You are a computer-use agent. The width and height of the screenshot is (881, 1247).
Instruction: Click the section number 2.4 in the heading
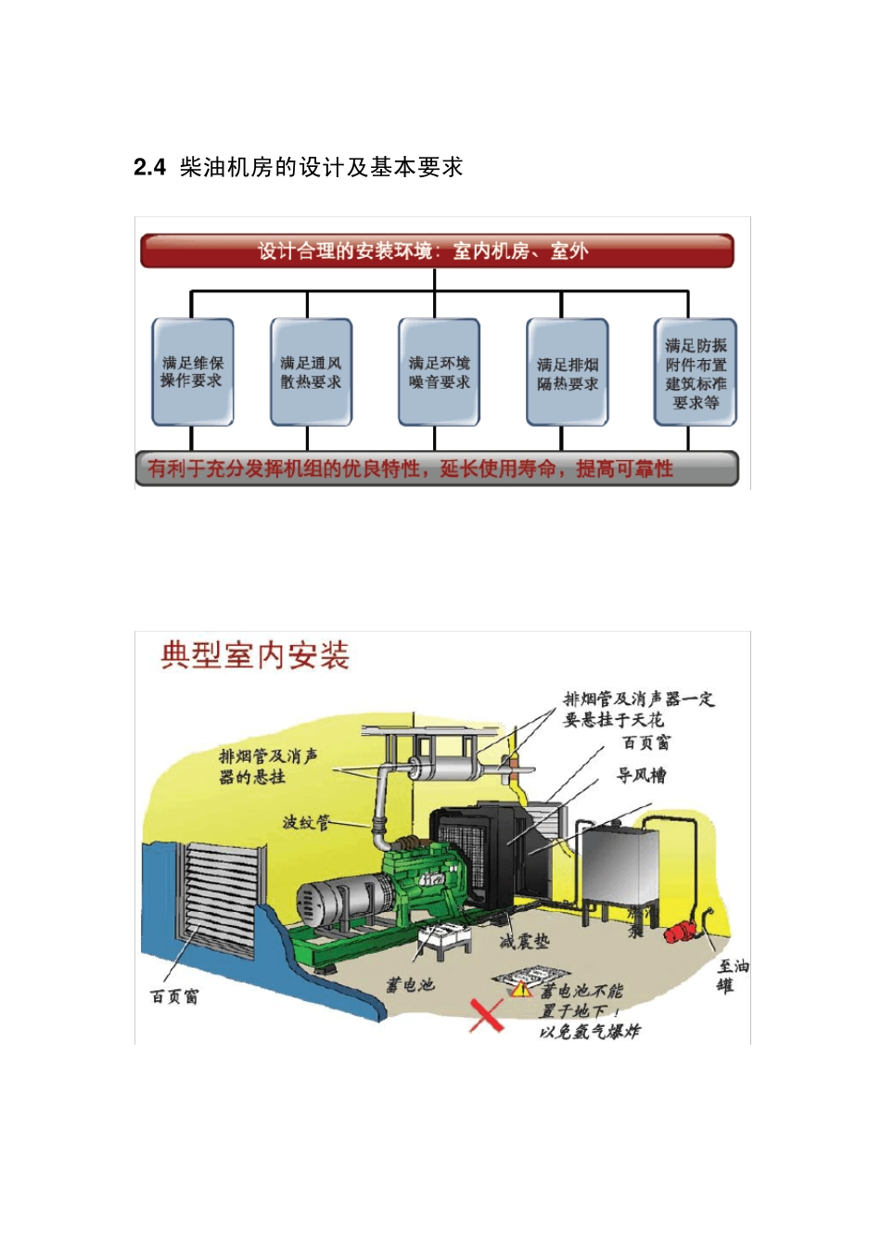149,168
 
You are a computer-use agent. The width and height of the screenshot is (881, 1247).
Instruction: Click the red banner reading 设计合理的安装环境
436,251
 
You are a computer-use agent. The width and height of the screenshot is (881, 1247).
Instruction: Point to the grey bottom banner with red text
436,469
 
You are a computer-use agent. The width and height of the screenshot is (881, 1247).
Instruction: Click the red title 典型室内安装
254,656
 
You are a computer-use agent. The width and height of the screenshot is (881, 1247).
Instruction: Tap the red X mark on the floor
486,1015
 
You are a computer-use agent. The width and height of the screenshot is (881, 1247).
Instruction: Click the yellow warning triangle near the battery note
521,990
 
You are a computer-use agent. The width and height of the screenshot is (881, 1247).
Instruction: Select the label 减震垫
524,941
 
